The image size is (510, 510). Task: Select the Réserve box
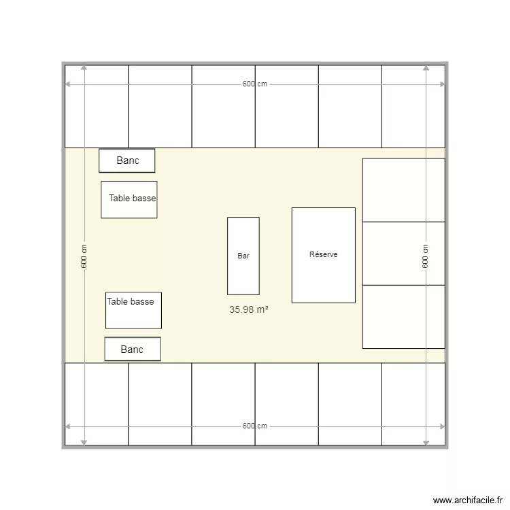(x=323, y=272)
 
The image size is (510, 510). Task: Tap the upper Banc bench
(x=127, y=160)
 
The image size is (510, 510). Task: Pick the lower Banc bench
(x=133, y=349)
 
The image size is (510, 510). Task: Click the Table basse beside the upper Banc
(x=129, y=199)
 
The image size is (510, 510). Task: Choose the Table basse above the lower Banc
(x=133, y=310)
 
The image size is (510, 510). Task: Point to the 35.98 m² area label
(x=248, y=309)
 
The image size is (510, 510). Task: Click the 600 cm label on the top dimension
(x=255, y=84)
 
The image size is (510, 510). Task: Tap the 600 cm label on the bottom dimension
(x=255, y=426)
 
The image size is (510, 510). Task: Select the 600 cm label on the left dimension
(x=84, y=256)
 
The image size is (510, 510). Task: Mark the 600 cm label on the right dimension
(x=425, y=256)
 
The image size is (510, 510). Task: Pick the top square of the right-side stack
(x=403, y=190)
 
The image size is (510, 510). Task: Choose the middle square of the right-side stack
(x=403, y=253)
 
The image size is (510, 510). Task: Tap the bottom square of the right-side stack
(x=403, y=316)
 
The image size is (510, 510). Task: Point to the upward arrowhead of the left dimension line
(x=84, y=68)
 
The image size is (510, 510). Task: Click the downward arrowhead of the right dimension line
(x=426, y=442)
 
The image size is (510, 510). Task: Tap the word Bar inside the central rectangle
(x=243, y=256)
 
